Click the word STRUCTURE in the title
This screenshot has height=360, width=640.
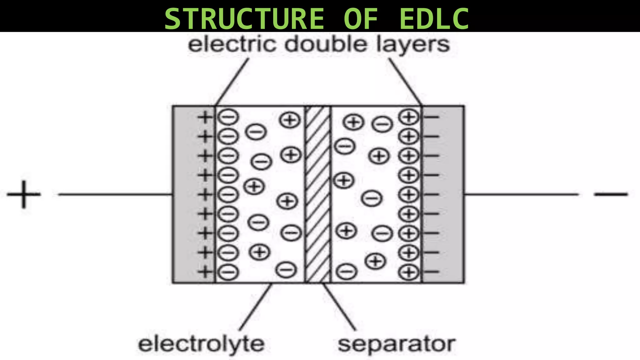click(x=244, y=19)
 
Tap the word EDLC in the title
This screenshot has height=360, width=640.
click(x=434, y=19)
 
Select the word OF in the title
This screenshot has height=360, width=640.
click(x=361, y=19)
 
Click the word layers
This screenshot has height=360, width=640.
click(x=412, y=44)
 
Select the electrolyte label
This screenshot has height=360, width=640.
click(x=202, y=344)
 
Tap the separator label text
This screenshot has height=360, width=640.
click(x=396, y=344)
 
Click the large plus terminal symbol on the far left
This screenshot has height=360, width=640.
click(x=24, y=194)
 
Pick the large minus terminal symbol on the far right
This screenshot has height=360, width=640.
click(x=611, y=194)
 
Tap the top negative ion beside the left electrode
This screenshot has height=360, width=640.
click(x=228, y=117)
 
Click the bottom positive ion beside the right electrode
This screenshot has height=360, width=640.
click(x=408, y=272)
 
